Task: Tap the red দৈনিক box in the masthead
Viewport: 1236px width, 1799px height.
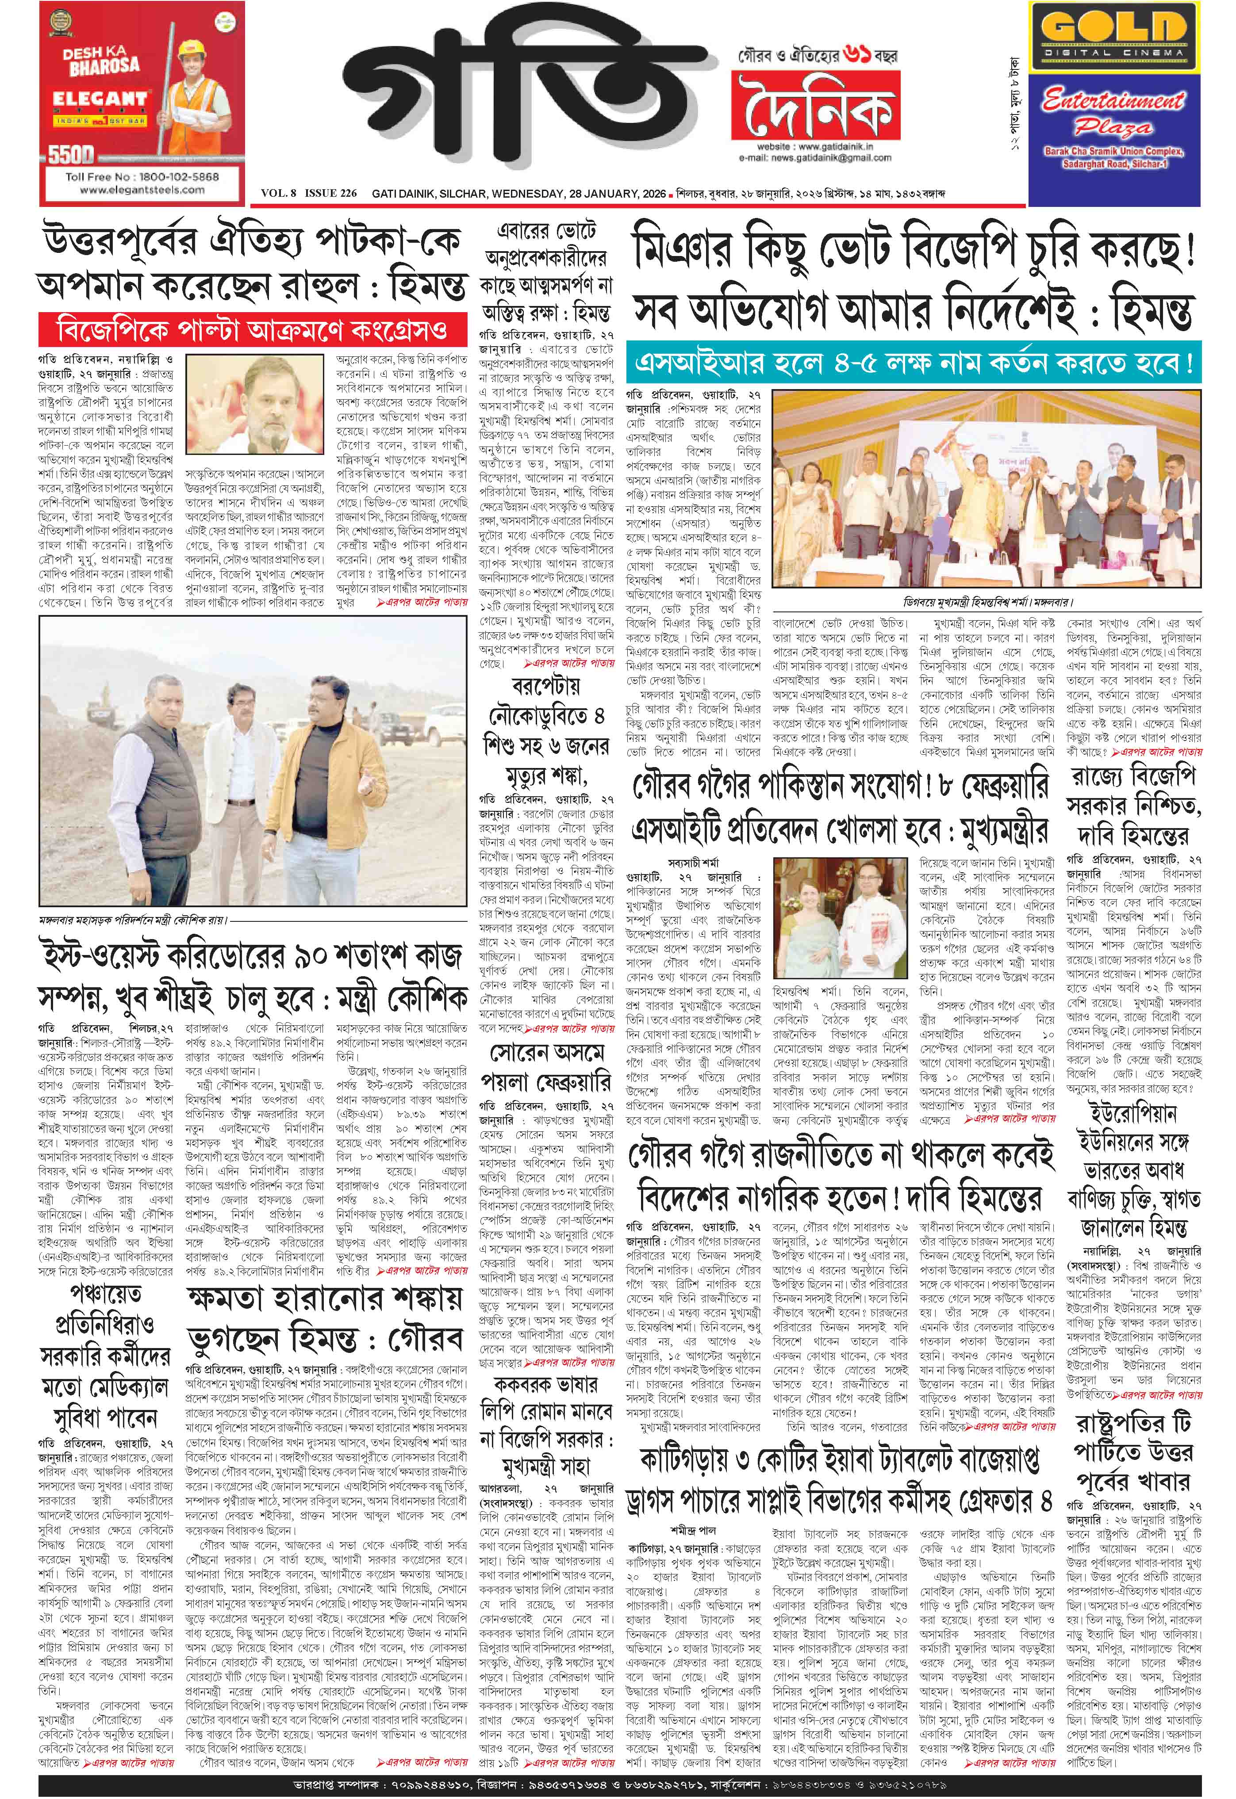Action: pyautogui.click(x=815, y=104)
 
